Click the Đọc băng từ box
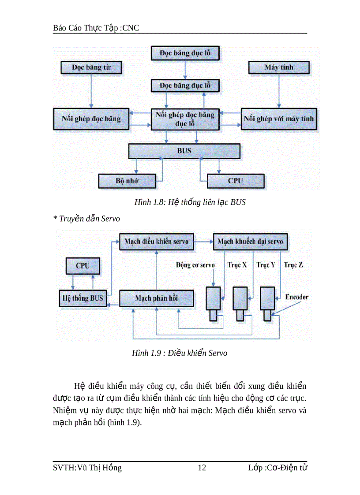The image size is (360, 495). point(91,68)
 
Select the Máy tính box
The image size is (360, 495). point(279,67)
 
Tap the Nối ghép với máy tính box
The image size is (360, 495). point(279,119)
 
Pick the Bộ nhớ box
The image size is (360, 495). point(127,180)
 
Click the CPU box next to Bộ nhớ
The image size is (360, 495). point(235,181)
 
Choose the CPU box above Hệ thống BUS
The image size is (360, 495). point(82,266)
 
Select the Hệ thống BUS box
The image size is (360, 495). point(82,298)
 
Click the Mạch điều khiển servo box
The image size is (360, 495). point(156,242)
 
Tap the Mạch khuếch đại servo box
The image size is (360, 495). point(250,242)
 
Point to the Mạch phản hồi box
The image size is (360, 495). point(156,298)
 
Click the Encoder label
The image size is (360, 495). point(297,297)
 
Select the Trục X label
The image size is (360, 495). point(237,265)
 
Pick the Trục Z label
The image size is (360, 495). point(293,265)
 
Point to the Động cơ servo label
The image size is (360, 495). point(195,265)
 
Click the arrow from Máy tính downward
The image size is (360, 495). point(278,90)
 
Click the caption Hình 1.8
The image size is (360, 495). point(190,203)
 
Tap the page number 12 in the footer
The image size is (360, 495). point(202,468)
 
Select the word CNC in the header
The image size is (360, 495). point(131,28)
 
